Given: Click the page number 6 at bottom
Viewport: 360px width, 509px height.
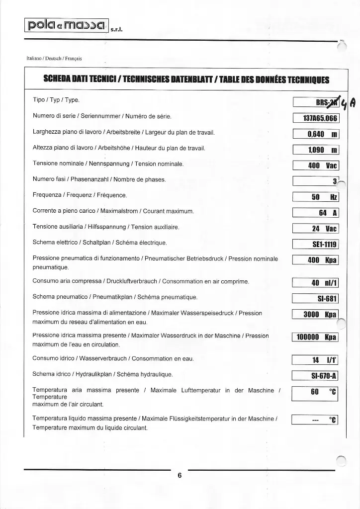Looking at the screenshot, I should point(180,475).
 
